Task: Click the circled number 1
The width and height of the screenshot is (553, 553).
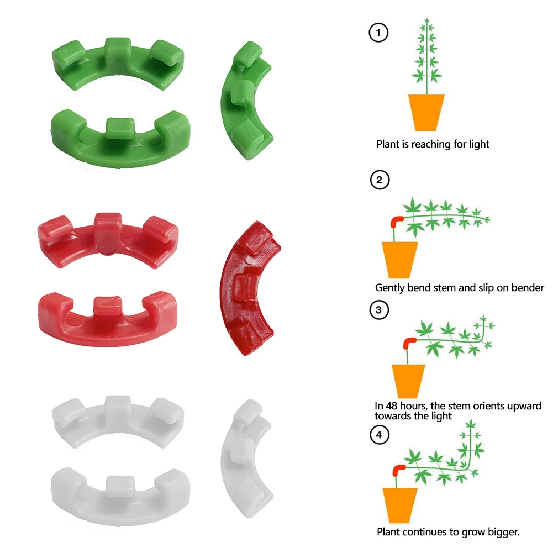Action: (x=378, y=33)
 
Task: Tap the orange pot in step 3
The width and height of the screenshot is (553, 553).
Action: (x=408, y=381)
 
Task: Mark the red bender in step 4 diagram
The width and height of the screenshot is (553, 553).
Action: (x=397, y=471)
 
